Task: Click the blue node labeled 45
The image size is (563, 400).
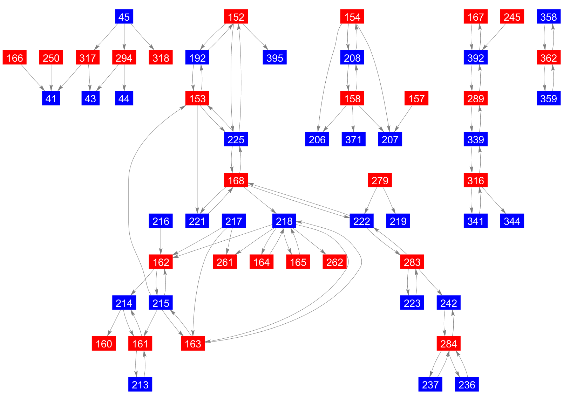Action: pyautogui.click(x=124, y=17)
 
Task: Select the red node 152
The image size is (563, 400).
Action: pyautogui.click(x=236, y=17)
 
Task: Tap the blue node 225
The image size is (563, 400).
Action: pyautogui.click(x=236, y=139)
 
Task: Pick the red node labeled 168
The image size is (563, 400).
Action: pyautogui.click(x=236, y=180)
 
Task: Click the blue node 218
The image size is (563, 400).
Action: pyautogui.click(x=284, y=221)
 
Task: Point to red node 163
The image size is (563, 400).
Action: pyautogui.click(x=193, y=344)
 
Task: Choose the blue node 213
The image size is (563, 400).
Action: pyautogui.click(x=140, y=385)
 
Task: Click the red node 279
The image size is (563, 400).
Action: pyautogui.click(x=380, y=180)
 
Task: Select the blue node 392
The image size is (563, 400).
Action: pyautogui.click(x=475, y=58)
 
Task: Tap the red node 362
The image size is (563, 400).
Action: pyautogui.click(x=548, y=58)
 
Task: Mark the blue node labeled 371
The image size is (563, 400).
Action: pyautogui.click(x=353, y=139)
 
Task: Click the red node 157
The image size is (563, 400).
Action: pyautogui.click(x=416, y=98)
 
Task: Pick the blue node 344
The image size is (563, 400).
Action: pyautogui.click(x=512, y=221)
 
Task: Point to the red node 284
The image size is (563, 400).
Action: pyautogui.click(x=448, y=344)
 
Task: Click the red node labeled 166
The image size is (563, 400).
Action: pyautogui.click(x=15, y=58)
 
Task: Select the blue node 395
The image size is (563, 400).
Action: pyautogui.click(x=274, y=58)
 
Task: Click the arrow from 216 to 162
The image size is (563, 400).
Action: pyautogui.click(x=161, y=241)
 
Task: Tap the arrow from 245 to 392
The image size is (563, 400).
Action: pyautogui.click(x=494, y=37)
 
